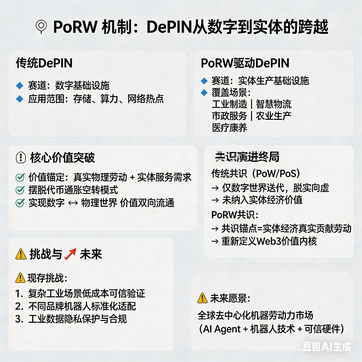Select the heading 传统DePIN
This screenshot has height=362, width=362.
pos(44,63)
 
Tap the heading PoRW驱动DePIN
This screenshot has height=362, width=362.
pos(245,63)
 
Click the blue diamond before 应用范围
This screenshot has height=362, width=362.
pos(20,99)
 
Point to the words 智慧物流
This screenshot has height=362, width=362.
pos(274,104)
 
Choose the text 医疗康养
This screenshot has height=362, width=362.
pos(229,128)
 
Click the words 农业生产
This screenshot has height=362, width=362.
pos(274,116)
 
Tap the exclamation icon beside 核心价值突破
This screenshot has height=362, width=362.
pos(21,158)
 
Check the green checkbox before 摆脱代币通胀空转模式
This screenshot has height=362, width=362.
pos(20,190)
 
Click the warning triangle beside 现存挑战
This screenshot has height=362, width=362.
pos(20,278)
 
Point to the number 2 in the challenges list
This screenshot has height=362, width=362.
pos(19,306)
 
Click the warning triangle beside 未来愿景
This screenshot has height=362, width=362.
pos(202,298)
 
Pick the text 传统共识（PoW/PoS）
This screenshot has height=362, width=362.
pos(256,174)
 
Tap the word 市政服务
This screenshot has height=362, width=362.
pos(229,116)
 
